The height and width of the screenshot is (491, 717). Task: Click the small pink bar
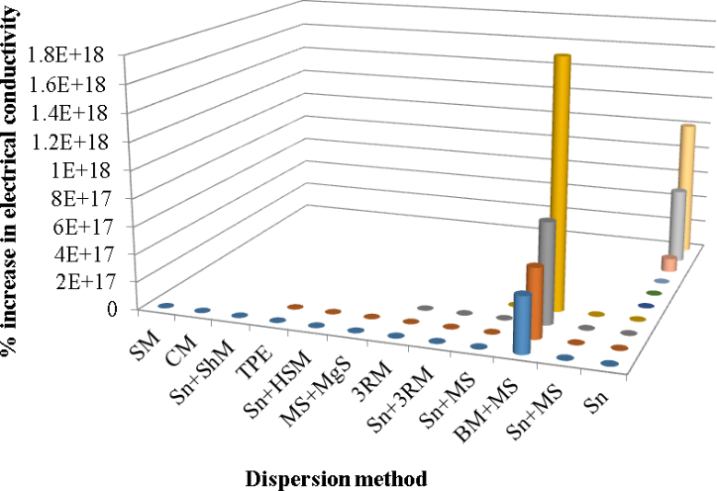pos(669,263)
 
